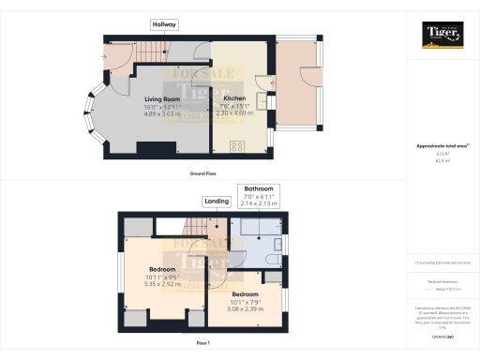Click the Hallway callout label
tap(164, 24)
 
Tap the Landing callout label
tap(217, 201)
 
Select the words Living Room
tap(161, 98)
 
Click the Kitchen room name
tap(233, 98)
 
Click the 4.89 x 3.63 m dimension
tap(161, 113)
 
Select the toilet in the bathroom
tap(270, 260)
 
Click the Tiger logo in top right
tap(442, 35)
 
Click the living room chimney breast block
tap(150, 148)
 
